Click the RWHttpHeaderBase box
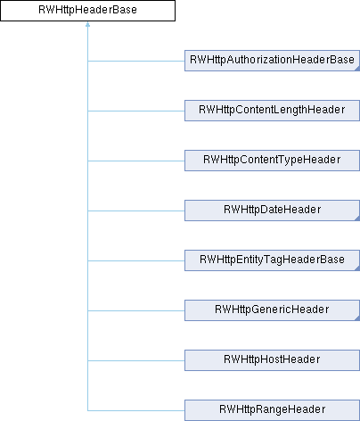[x=87, y=11]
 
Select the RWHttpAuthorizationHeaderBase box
[x=272, y=61]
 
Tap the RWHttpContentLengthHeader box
[x=272, y=111]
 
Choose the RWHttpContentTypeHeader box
[x=272, y=161]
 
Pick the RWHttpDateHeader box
[x=272, y=210]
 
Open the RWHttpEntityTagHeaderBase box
[x=272, y=260]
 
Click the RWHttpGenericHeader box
[x=272, y=310]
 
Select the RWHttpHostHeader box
[x=272, y=360]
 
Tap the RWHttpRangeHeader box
[x=272, y=410]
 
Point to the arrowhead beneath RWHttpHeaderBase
[x=87, y=24]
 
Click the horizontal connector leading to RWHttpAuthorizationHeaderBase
[x=136, y=61]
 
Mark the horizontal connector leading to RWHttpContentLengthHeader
[x=136, y=111]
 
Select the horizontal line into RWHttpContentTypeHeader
[x=136, y=161]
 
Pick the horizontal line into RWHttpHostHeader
[x=136, y=360]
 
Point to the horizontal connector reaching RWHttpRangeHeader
[x=136, y=410]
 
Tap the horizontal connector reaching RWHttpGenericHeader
[x=136, y=310]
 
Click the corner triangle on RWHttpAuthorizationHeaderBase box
[x=357, y=69]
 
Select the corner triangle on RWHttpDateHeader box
[x=357, y=219]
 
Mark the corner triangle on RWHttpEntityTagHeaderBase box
[x=357, y=268]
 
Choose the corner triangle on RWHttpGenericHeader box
[x=357, y=318]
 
